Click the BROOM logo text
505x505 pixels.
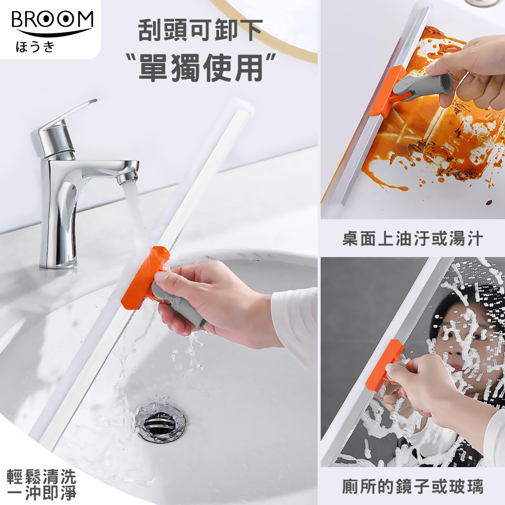[52, 21]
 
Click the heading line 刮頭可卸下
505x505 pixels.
[200, 31]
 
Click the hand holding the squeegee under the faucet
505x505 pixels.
[212, 303]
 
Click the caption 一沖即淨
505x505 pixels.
[41, 493]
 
